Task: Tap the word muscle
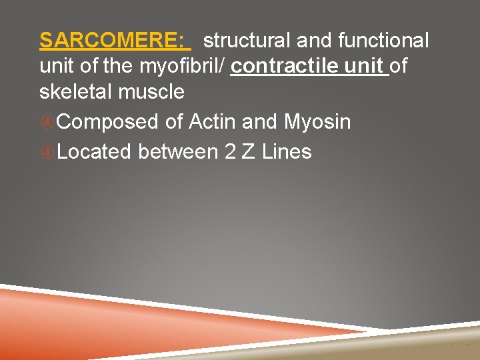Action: point(151,92)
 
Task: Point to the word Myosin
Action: point(317,123)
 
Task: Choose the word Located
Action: point(95,152)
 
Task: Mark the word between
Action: point(178,152)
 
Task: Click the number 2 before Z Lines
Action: point(230,152)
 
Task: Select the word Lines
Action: point(287,152)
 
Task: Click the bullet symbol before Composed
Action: point(47,123)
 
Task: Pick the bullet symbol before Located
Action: point(47,153)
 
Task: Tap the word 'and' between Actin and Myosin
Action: point(260,122)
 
